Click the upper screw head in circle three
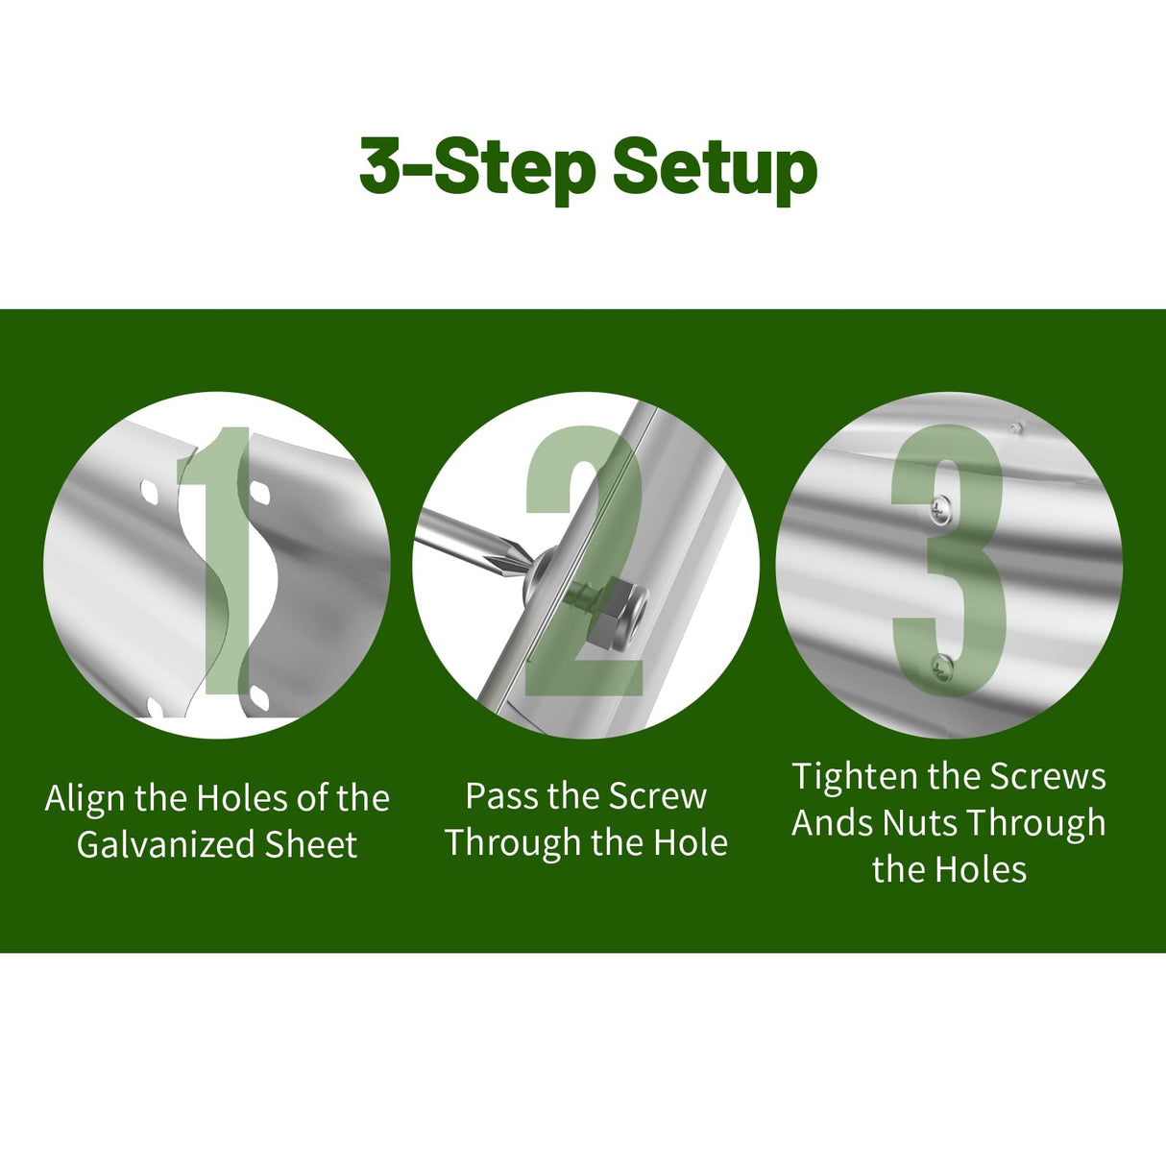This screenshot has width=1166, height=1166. point(939,509)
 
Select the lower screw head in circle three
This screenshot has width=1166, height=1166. point(941,669)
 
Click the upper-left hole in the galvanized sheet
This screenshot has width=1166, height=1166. point(150,493)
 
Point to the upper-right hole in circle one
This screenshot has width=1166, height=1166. point(259,493)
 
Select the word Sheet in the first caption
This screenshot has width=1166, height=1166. point(311,844)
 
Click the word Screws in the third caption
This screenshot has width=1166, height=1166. point(1048,776)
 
